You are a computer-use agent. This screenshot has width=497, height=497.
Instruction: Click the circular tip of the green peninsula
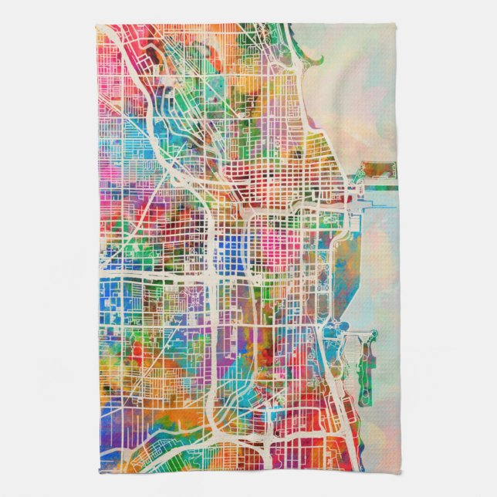tap(374, 334)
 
